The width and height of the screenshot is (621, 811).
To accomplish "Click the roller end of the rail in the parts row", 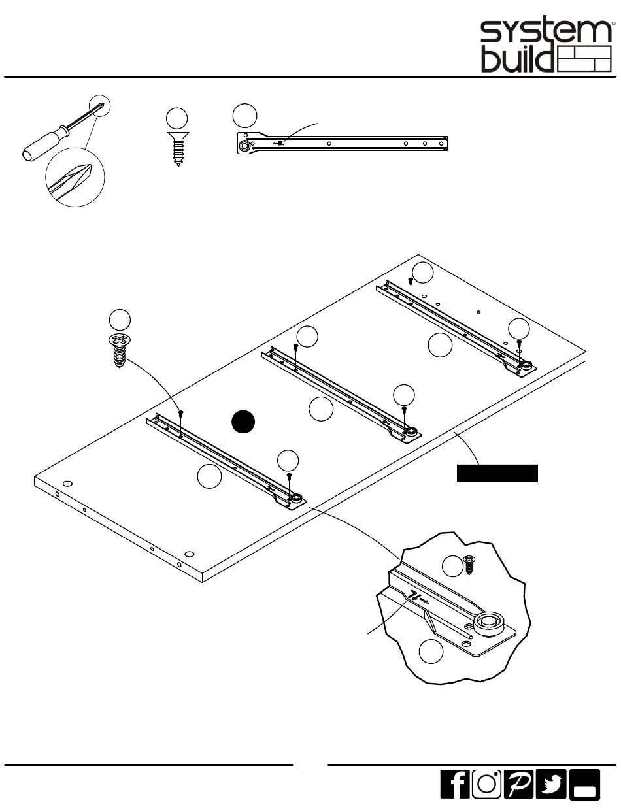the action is (244, 146).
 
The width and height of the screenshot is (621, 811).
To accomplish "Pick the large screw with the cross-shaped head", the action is (118, 351).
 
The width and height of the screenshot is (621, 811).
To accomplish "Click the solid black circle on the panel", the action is (243, 422).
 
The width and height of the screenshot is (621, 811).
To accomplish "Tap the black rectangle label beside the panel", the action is (497, 473).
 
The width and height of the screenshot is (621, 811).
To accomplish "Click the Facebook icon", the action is (455, 784).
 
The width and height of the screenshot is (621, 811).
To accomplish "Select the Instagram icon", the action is (486, 784).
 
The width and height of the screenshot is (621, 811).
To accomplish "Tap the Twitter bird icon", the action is (551, 784).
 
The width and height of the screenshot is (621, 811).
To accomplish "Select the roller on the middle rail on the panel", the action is (412, 431).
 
